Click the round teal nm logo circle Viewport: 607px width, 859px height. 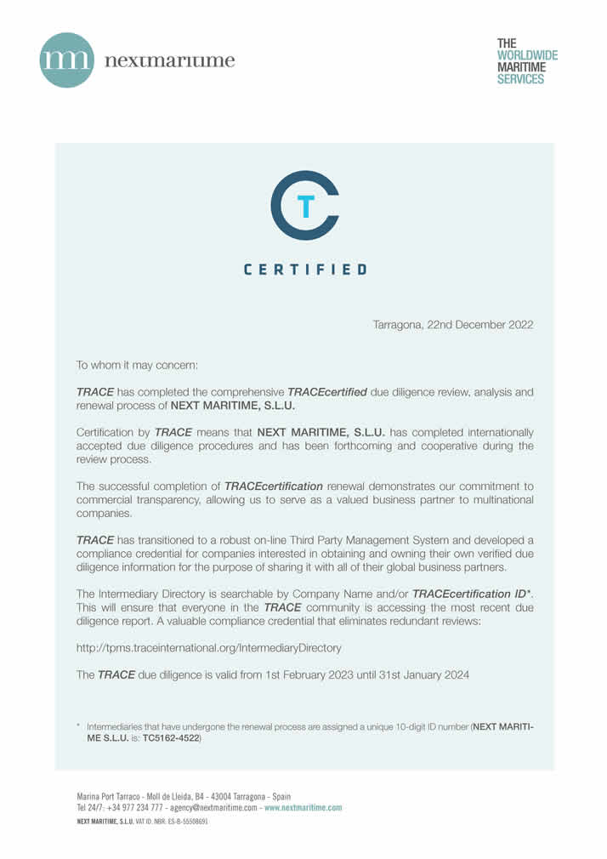click(67, 60)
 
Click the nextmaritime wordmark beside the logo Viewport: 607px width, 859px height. click(169, 60)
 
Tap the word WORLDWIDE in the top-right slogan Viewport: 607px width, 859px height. click(527, 54)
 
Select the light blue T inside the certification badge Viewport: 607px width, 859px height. click(307, 205)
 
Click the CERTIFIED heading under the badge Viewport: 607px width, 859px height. click(305, 270)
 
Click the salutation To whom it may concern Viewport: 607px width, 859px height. click(137, 365)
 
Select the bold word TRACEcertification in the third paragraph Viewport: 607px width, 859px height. click(273, 486)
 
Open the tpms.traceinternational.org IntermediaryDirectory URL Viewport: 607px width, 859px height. click(209, 647)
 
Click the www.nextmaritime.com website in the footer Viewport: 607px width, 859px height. click(303, 807)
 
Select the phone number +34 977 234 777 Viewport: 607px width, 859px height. click(133, 807)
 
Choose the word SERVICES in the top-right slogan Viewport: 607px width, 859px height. click(520, 79)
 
